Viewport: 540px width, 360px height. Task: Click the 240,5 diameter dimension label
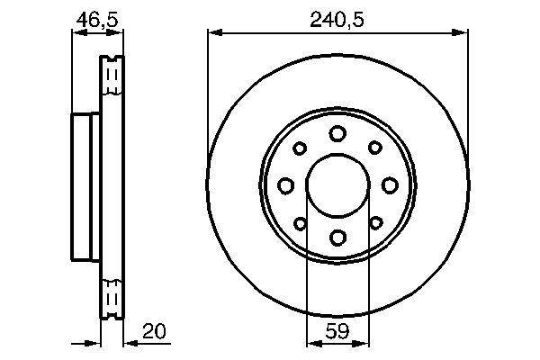pos(337,19)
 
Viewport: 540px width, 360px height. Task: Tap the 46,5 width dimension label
pos(97,19)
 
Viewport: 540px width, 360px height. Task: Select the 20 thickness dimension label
pos(154,331)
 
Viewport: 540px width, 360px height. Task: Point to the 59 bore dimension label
pos(337,331)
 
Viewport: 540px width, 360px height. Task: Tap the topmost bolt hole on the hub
pos(337,134)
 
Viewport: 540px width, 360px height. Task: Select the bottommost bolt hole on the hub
pos(337,238)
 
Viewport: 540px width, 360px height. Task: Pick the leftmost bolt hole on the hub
pos(286,185)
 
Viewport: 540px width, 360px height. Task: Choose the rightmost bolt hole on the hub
pos(390,185)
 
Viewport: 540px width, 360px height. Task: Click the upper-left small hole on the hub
pos(300,148)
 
